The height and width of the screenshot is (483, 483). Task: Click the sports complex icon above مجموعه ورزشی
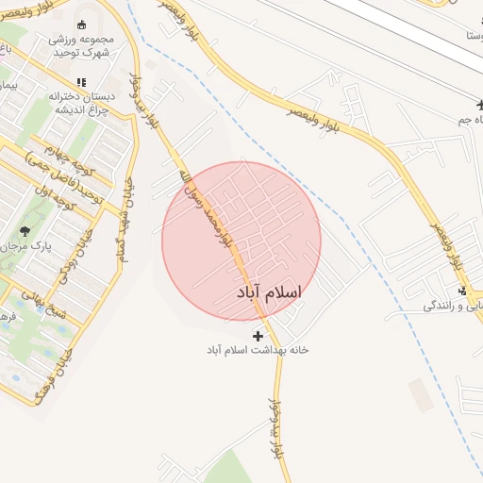[x=81, y=25]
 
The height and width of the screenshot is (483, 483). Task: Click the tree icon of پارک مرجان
[x=25, y=230]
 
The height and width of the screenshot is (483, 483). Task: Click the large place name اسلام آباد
[x=271, y=293]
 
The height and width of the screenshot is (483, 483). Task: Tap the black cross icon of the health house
[x=258, y=335]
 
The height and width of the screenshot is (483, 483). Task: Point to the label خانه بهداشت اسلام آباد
[x=258, y=350]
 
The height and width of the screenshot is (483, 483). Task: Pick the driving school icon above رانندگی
[x=462, y=291]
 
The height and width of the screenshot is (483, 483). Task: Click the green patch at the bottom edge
[x=227, y=468]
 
